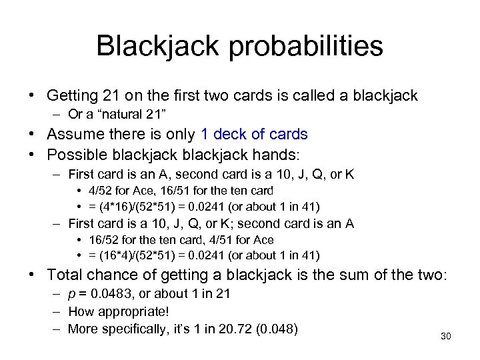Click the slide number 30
click(x=446, y=336)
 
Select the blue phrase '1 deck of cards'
click(x=253, y=134)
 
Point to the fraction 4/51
click(x=209, y=240)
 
